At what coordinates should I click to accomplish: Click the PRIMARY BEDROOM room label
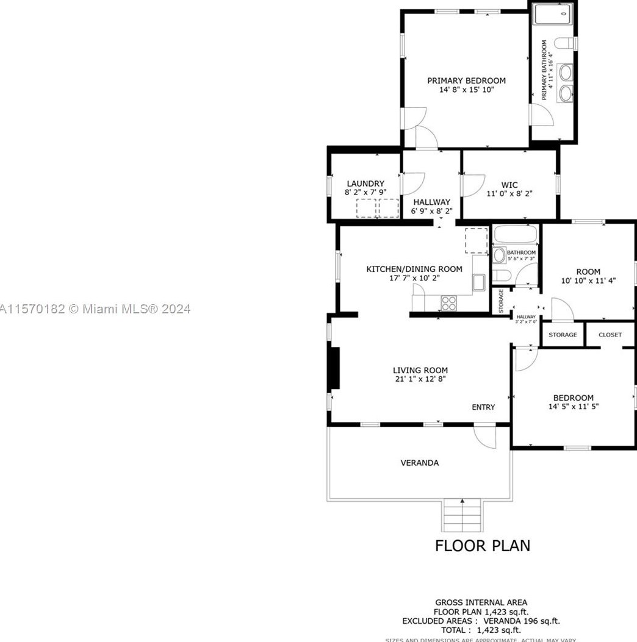pos(466,80)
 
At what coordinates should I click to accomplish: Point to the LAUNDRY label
pos(365,184)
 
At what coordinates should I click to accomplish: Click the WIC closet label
pos(509,184)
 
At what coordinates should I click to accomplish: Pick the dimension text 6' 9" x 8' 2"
pos(431,212)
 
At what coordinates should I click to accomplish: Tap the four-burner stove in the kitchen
pos(449,302)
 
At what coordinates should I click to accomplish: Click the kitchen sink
pos(478,282)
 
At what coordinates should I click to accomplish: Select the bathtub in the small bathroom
pos(516,235)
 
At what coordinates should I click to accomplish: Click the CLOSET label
pos(610,335)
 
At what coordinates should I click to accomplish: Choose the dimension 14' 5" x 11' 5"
pos(573,407)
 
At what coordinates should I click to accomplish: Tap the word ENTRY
pos(483,407)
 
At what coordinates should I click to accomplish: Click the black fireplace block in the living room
pos(334,368)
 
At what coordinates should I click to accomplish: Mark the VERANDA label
pos(419,463)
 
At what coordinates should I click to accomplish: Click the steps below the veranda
pos(462,515)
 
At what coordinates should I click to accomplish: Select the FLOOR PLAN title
pos(482,545)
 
